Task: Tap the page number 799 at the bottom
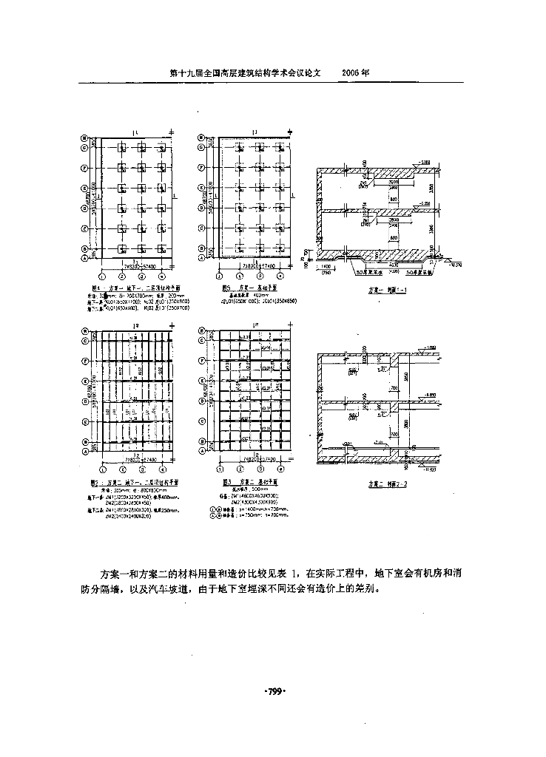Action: click(x=274, y=691)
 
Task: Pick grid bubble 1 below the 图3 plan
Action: click(x=219, y=469)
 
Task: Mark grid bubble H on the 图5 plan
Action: click(x=200, y=138)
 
